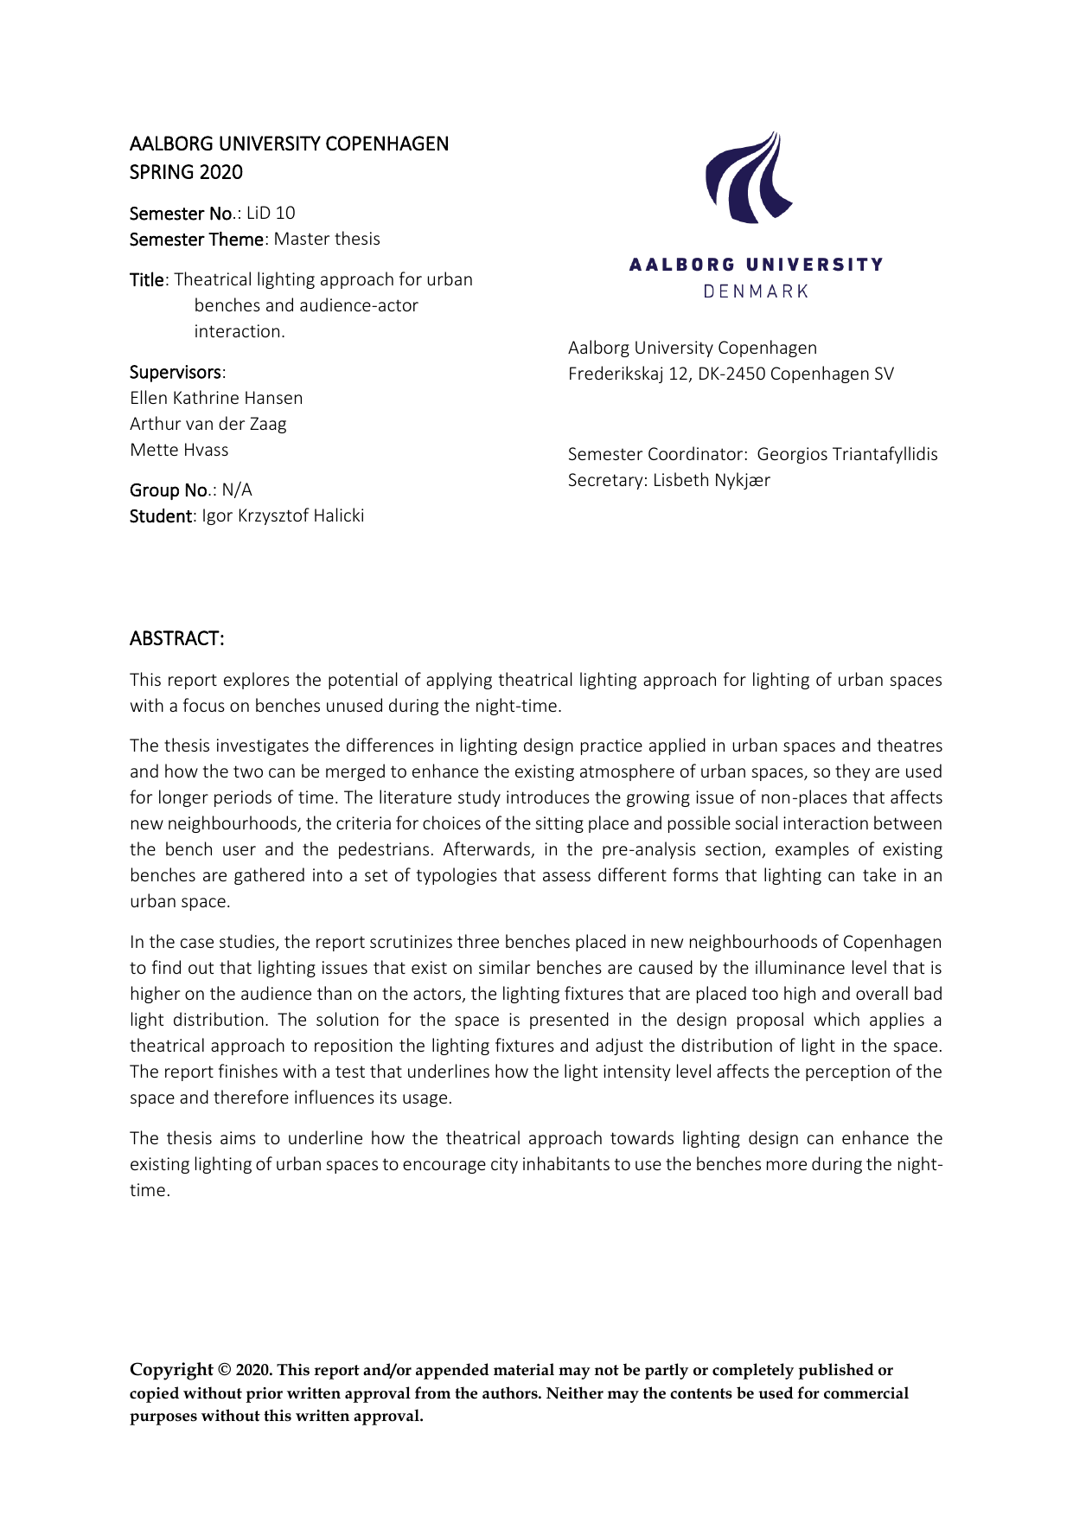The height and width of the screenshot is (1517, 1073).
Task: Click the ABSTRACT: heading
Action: [177, 638]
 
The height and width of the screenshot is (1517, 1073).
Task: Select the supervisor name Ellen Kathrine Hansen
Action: [216, 398]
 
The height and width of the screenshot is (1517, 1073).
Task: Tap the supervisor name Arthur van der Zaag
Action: [208, 424]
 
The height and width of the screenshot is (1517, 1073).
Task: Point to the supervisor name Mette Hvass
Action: [179, 450]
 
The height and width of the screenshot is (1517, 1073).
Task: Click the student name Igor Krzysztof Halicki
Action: [283, 516]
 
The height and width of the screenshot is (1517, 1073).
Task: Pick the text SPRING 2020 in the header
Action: [186, 172]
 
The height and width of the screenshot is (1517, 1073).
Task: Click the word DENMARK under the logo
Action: [756, 291]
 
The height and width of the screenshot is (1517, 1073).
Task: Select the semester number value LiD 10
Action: [271, 213]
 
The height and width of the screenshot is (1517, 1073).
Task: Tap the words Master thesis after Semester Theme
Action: [327, 239]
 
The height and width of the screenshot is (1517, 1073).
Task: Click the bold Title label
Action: [146, 280]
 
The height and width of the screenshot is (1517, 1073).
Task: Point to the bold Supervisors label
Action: [176, 373]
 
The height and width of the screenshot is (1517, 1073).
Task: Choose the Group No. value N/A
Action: [237, 490]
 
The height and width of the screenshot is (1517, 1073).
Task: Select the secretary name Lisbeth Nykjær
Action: [711, 480]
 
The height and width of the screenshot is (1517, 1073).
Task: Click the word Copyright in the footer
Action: [171, 1369]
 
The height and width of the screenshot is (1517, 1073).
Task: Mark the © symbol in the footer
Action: [225, 1370]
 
